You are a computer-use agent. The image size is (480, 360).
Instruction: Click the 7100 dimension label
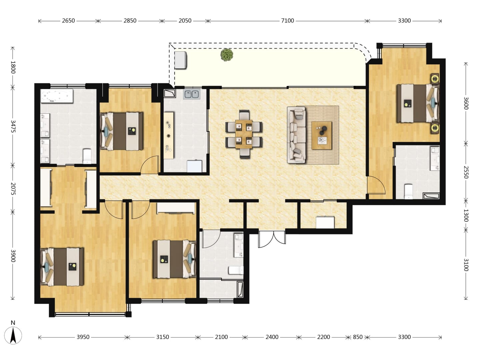tap(287, 21)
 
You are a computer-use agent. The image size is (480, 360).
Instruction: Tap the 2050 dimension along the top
tap(185, 21)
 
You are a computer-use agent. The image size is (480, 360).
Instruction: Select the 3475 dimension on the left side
tap(13, 126)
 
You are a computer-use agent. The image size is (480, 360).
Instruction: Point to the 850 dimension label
tap(358, 337)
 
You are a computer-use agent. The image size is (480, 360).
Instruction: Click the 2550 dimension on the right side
tap(466, 172)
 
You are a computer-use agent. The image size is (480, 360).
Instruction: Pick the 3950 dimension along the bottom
tap(83, 337)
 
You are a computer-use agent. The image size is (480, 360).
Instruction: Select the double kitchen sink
tap(192, 94)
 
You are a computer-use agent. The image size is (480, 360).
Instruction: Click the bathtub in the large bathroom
tap(57, 96)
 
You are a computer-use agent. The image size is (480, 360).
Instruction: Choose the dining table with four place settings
tap(244, 134)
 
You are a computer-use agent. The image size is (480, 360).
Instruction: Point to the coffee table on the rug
tap(321, 136)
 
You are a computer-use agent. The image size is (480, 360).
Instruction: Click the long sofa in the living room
tap(297, 135)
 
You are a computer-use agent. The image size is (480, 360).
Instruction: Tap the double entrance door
tap(272, 239)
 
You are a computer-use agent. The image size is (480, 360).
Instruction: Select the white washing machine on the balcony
tap(181, 60)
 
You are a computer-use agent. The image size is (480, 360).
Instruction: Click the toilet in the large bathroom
tap(87, 156)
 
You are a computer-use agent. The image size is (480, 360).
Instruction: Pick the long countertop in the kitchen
tap(169, 136)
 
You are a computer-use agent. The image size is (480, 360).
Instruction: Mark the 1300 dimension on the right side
tap(466, 215)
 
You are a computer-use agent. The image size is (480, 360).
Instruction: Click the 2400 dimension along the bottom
tap(272, 337)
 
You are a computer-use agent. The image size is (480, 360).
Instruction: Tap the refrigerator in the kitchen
tap(195, 166)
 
